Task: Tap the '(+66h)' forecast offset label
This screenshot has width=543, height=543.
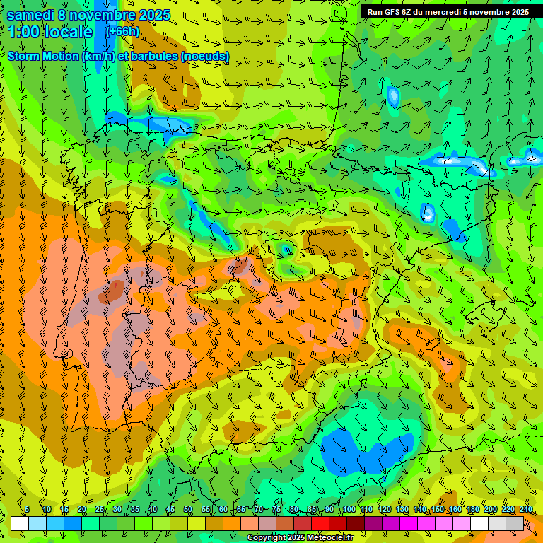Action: [122, 31]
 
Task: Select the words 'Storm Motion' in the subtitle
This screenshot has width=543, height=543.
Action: [42, 56]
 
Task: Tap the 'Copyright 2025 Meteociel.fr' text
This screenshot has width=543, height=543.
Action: [300, 538]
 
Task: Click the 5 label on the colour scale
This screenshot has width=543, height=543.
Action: [27, 510]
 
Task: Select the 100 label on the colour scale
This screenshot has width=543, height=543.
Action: [349, 510]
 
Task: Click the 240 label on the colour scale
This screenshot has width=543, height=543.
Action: [525, 510]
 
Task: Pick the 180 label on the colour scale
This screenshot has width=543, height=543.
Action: [473, 510]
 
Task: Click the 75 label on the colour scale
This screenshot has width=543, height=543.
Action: [276, 510]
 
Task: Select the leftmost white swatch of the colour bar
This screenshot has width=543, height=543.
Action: [20, 523]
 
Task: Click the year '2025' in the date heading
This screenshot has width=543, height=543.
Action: [155, 15]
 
